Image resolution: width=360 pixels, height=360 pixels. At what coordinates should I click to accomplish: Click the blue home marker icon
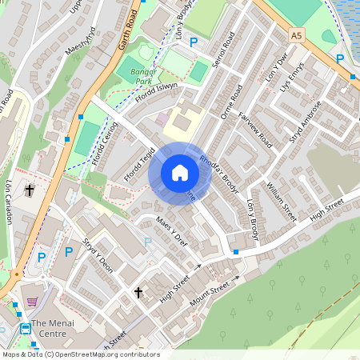[x=179, y=173]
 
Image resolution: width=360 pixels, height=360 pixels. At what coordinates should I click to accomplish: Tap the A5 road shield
[x=298, y=35]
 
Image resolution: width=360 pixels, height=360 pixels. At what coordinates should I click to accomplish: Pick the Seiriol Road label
[x=226, y=50]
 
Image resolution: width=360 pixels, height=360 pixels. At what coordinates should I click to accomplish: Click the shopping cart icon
[x=32, y=302]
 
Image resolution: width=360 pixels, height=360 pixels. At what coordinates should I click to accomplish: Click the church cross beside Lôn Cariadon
[x=30, y=190]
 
